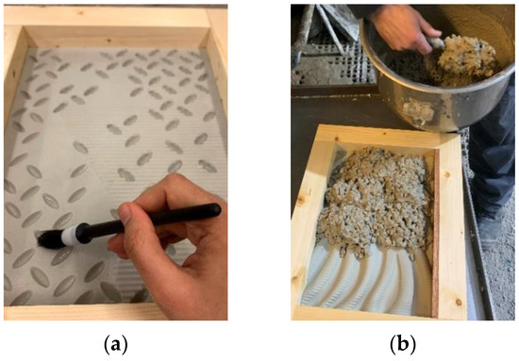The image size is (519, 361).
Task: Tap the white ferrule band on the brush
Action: point(72,233)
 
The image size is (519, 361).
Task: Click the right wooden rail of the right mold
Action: point(448,226)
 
